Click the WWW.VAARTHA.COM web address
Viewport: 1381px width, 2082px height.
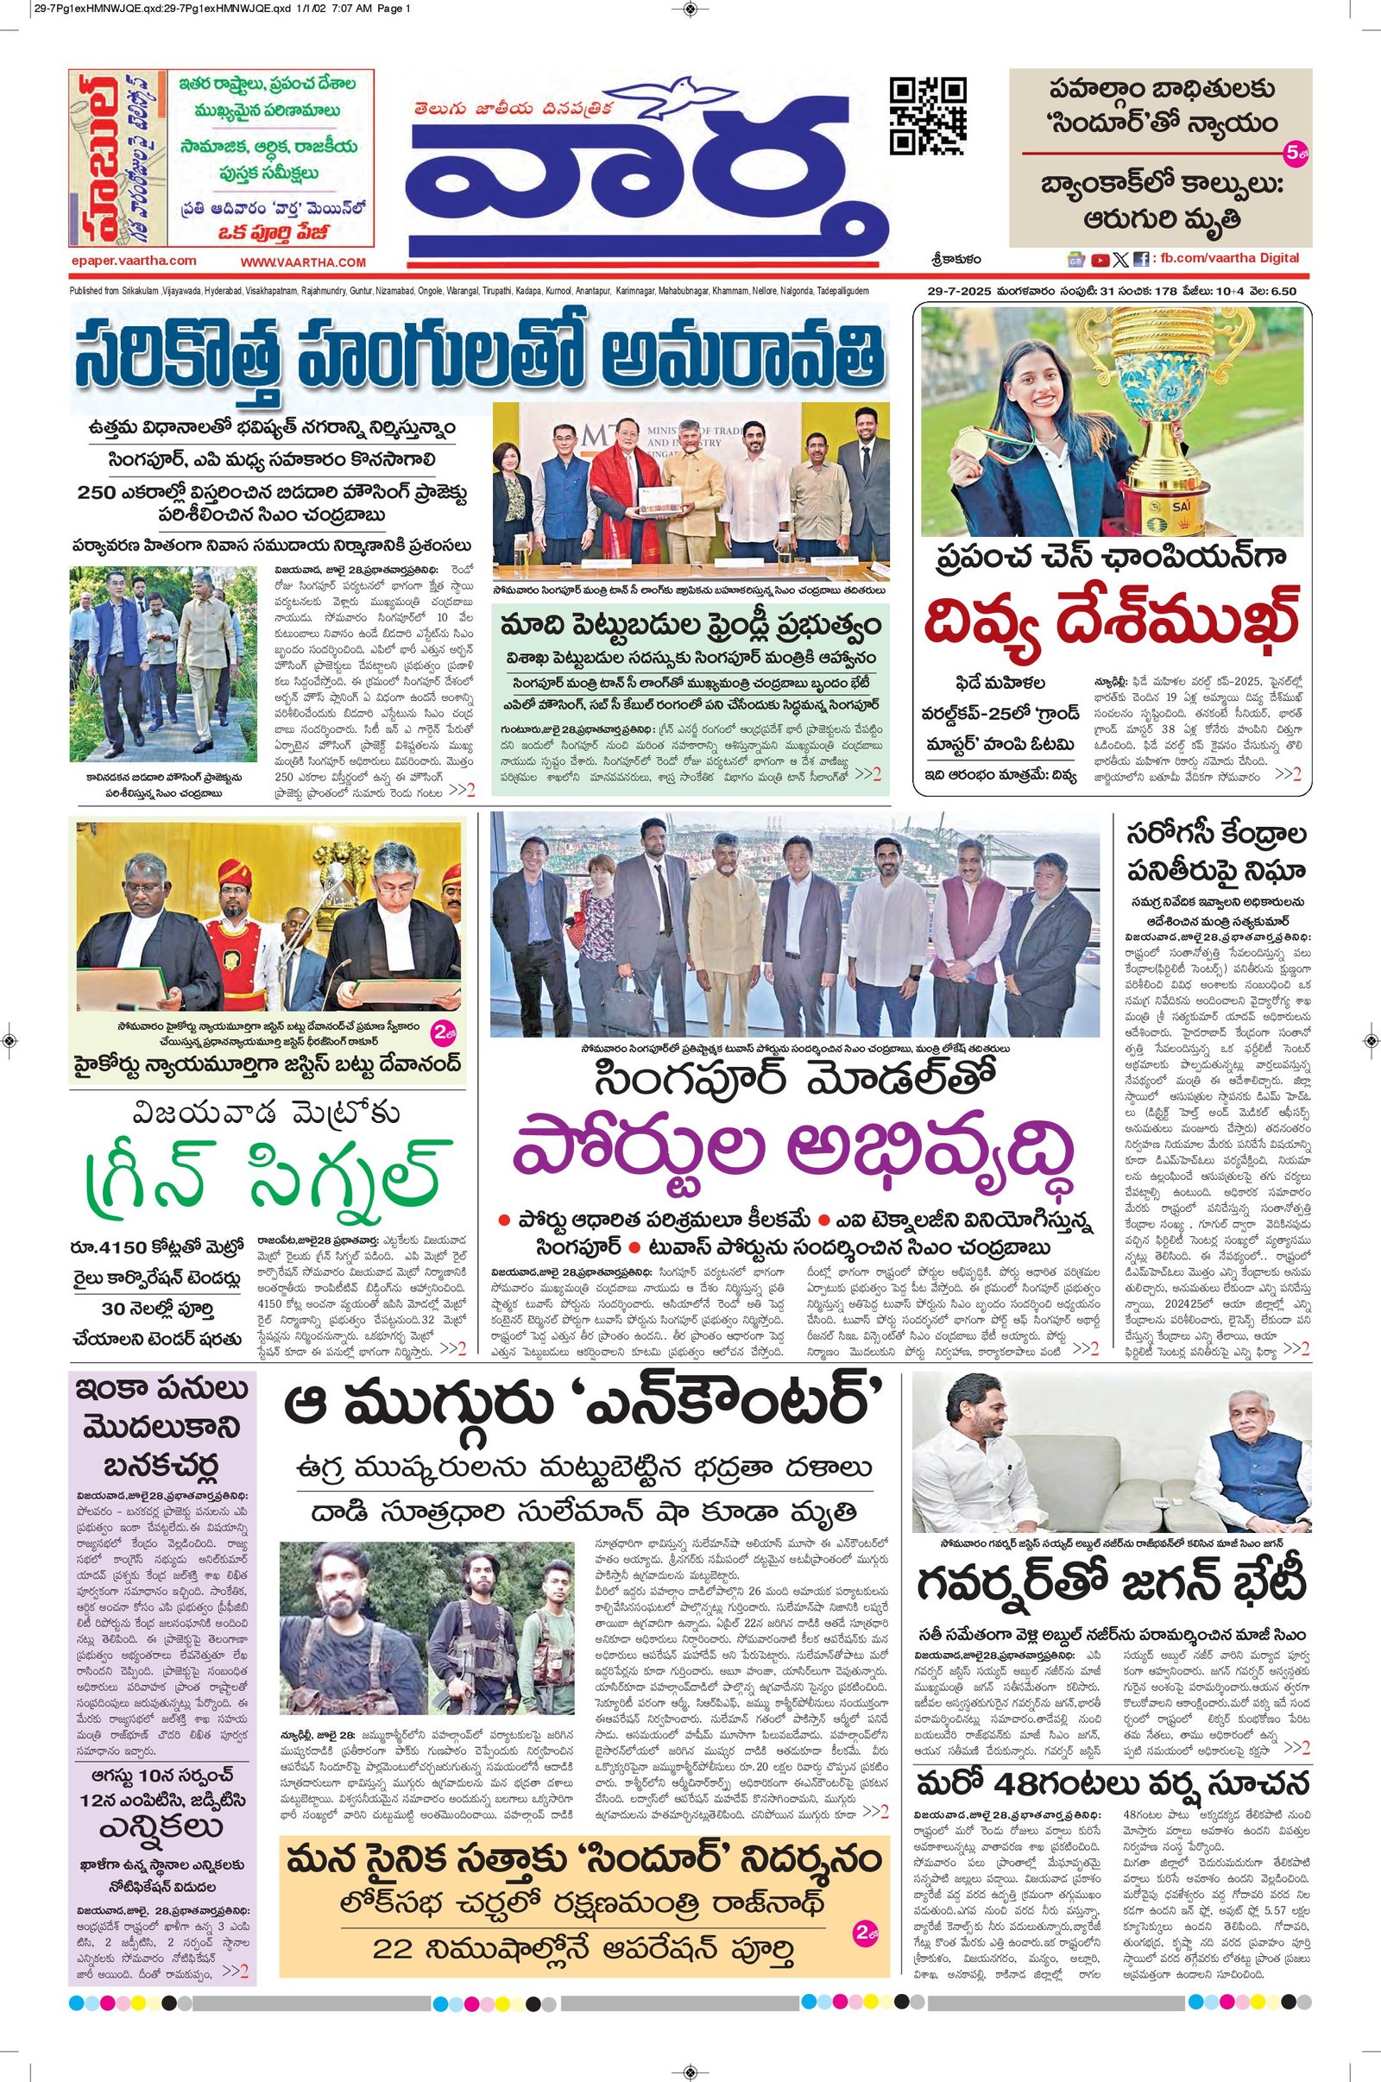(302, 262)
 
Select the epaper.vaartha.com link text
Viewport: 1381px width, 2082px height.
(134, 261)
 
